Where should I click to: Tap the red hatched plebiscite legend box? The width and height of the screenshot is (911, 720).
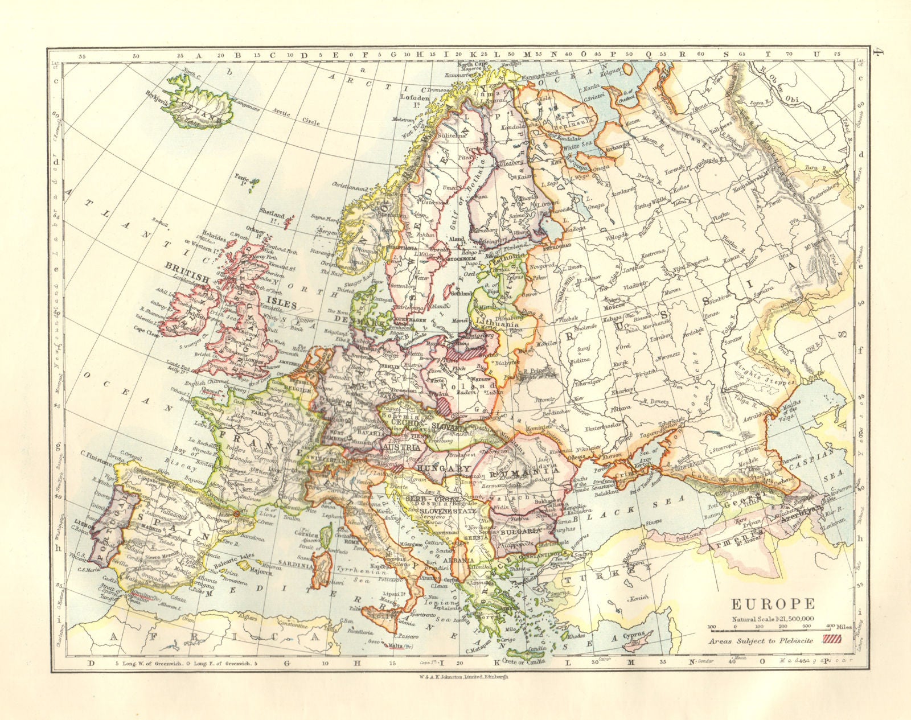[x=833, y=640]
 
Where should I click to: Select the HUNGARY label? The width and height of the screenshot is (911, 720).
[x=438, y=468]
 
